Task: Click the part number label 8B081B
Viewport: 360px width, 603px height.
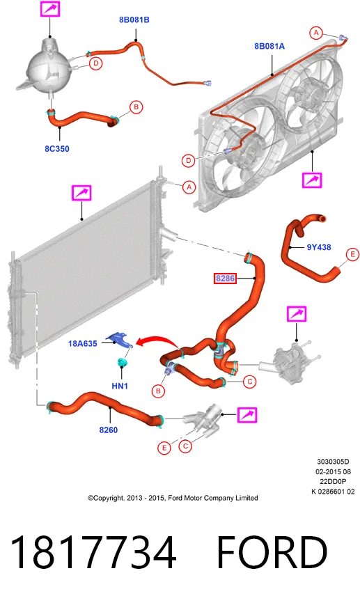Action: click(134, 19)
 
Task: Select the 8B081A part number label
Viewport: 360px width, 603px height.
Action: click(269, 46)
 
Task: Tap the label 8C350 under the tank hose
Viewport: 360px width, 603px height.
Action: click(57, 149)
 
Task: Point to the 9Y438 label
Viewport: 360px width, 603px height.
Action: click(319, 247)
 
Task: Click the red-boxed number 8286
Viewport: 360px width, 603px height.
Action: click(225, 278)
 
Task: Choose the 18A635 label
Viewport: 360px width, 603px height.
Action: click(83, 343)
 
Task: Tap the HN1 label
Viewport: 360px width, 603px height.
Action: click(120, 386)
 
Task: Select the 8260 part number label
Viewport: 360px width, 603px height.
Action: click(109, 430)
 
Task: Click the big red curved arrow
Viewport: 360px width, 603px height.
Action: click(156, 340)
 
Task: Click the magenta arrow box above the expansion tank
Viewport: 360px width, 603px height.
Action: click(50, 8)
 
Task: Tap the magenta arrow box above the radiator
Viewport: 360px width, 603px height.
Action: click(81, 193)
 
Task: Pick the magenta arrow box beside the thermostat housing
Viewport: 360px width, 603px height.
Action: click(247, 415)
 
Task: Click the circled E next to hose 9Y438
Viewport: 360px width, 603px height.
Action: click(352, 255)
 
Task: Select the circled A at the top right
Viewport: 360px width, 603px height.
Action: click(316, 33)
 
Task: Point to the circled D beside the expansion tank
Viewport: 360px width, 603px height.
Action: click(96, 63)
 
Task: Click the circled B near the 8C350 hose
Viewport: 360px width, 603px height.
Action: click(136, 107)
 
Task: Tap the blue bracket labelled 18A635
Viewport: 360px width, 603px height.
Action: click(120, 339)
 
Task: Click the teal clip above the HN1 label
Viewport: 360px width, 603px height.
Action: click(123, 362)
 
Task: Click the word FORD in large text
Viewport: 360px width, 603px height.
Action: click(272, 552)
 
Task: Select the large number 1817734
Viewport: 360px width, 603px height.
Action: click(93, 553)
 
